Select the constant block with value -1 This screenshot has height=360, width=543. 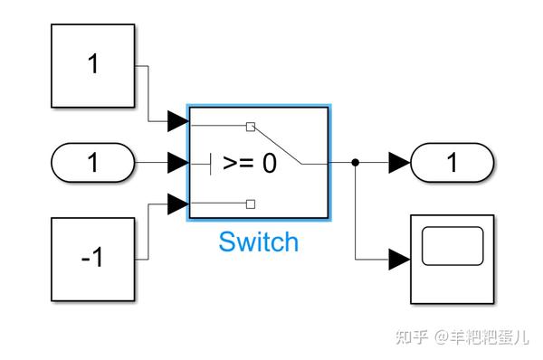click(x=92, y=260)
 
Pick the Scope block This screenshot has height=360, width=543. click(x=452, y=260)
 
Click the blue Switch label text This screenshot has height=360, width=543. click(x=258, y=242)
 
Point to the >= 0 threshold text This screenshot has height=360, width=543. click(x=250, y=164)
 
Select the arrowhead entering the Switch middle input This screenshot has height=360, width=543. click(x=178, y=164)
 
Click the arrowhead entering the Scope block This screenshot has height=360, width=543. click(x=399, y=261)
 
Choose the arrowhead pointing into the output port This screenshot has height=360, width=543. click(x=399, y=163)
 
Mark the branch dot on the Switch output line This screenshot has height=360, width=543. click(x=356, y=163)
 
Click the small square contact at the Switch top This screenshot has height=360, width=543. click(x=252, y=126)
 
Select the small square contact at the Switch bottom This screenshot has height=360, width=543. click(x=252, y=203)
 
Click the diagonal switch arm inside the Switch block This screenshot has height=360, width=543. click(x=276, y=145)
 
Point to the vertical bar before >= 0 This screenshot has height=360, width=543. click(x=211, y=164)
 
